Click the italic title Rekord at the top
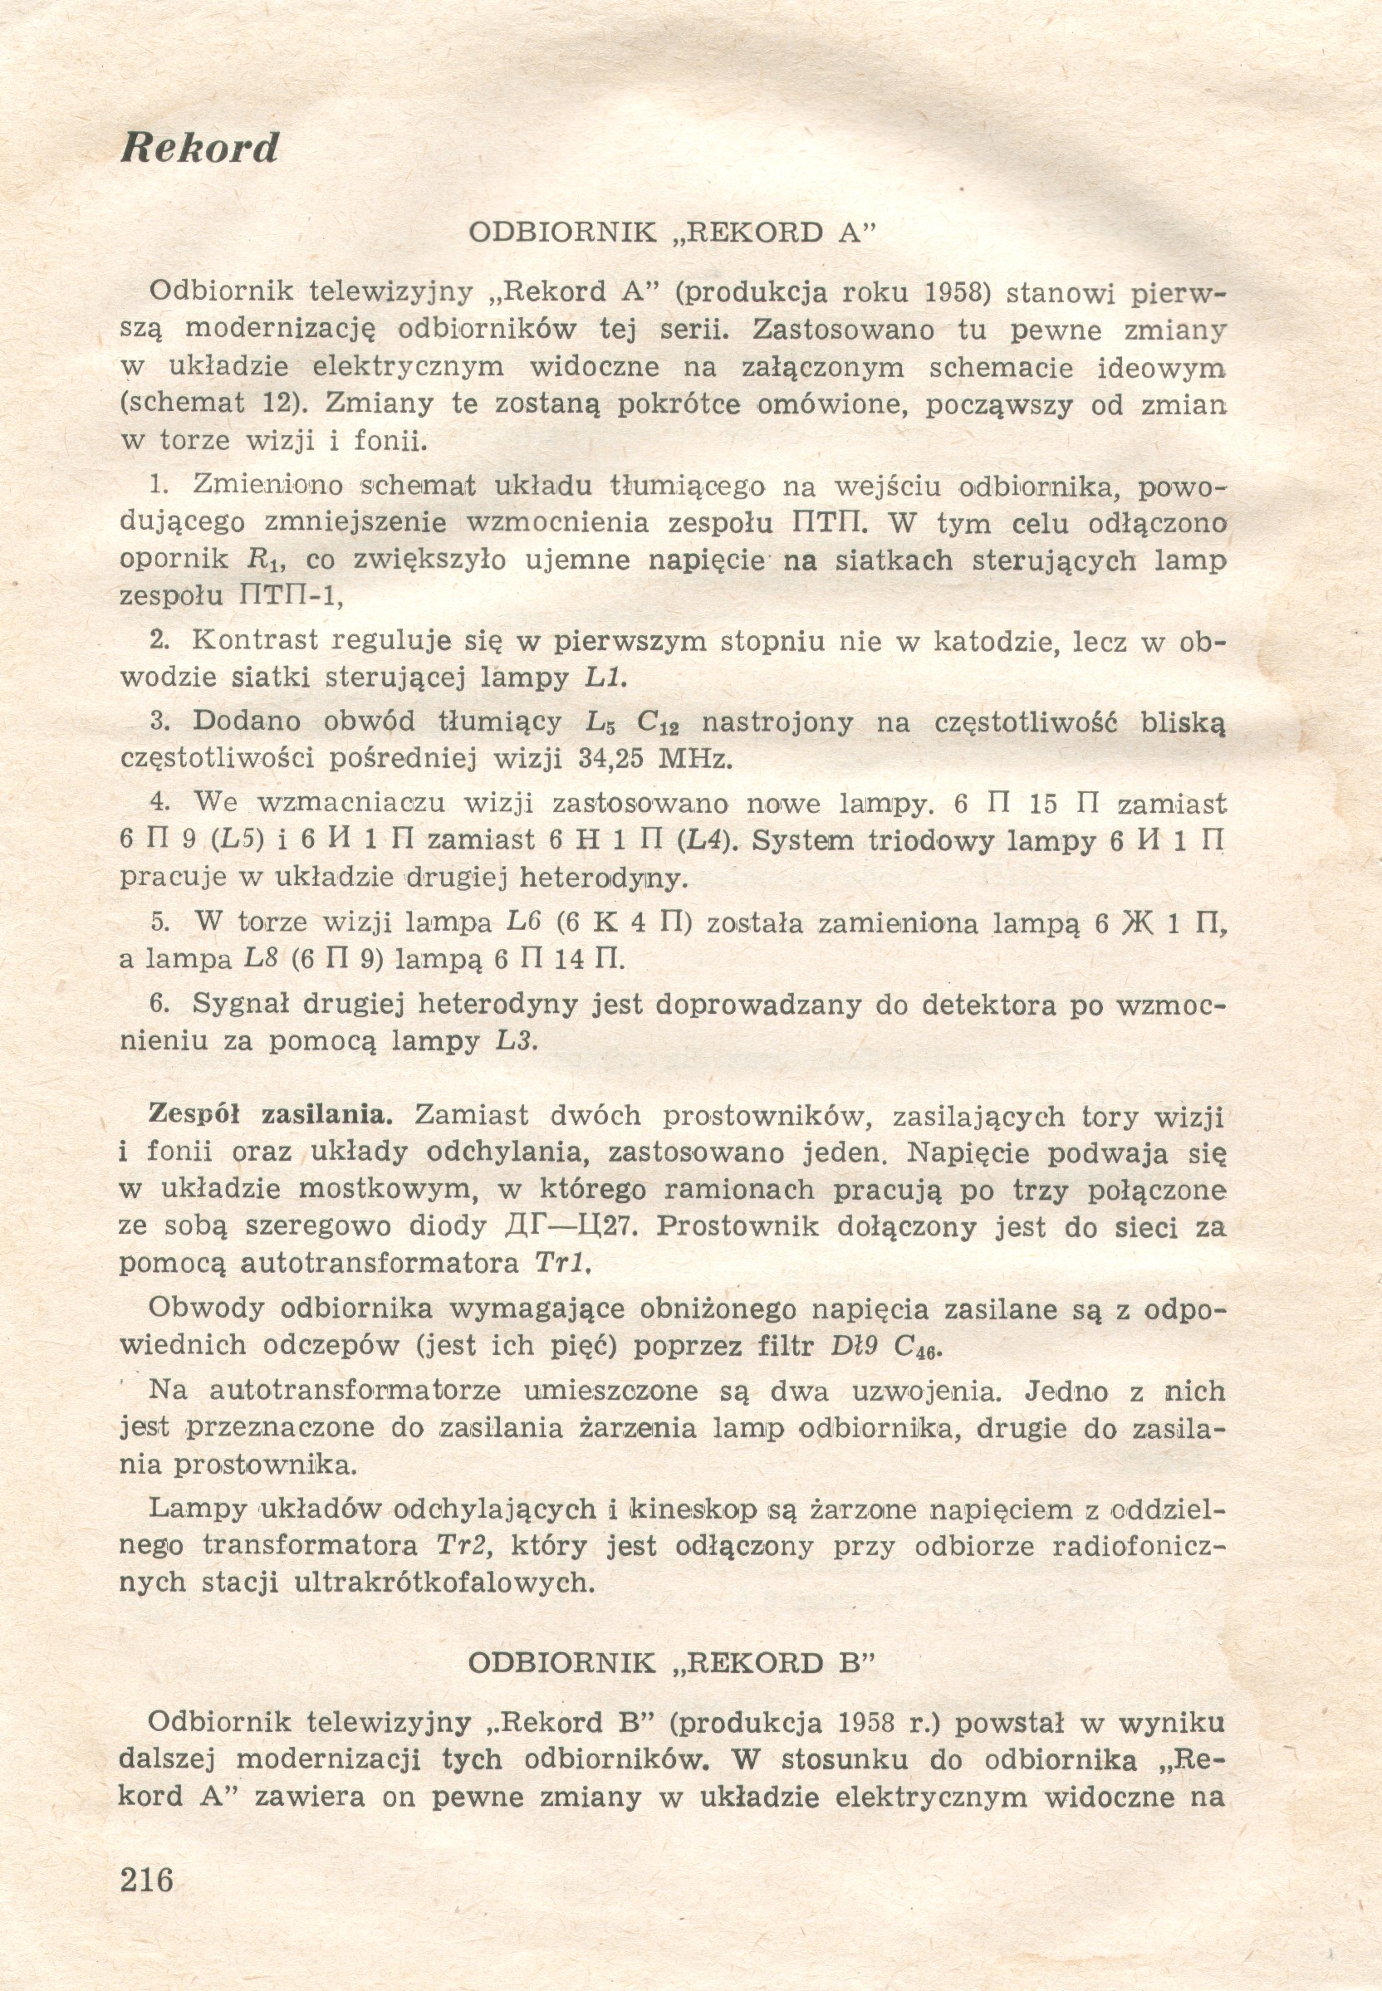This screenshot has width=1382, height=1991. [200, 148]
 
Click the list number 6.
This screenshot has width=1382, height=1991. [159, 1004]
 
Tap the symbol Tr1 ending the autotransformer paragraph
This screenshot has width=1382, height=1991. [562, 1263]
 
